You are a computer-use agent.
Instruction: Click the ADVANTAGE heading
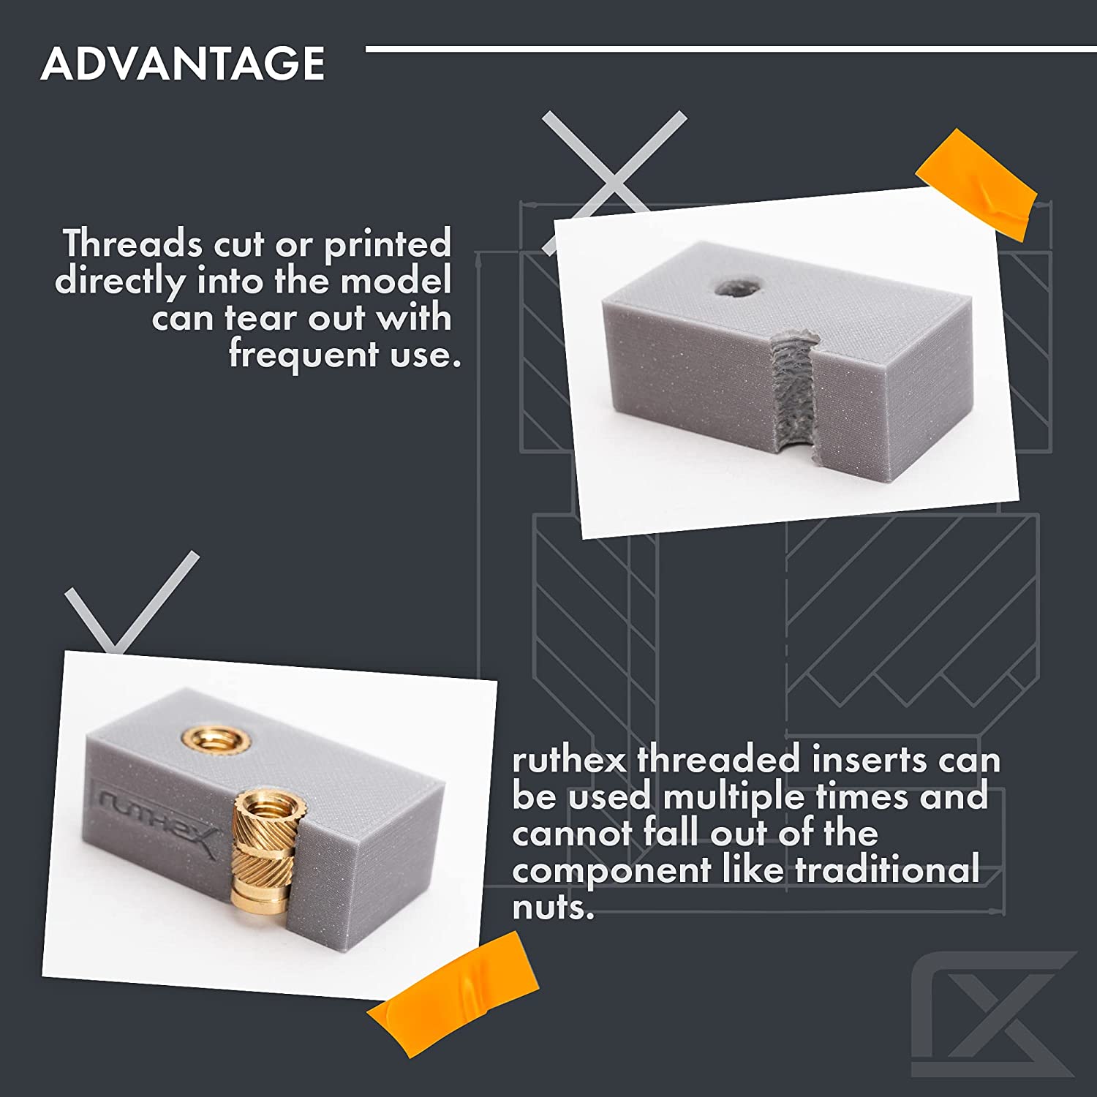pos(183,63)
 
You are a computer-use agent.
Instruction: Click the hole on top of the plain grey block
pos(736,288)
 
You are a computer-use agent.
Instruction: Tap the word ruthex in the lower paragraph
pos(569,761)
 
